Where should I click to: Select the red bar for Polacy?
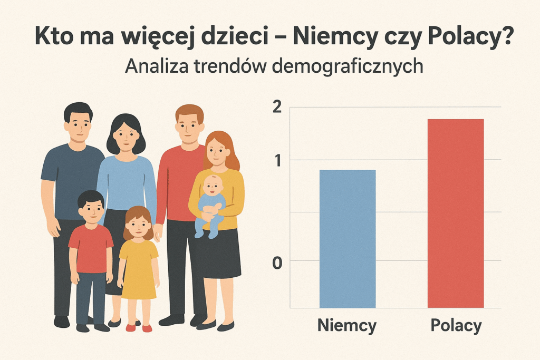tap(455, 213)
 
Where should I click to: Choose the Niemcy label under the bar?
tap(347, 326)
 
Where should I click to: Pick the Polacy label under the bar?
tap(456, 326)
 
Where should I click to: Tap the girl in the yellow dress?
tap(138, 264)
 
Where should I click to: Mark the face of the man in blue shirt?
tap(78, 124)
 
